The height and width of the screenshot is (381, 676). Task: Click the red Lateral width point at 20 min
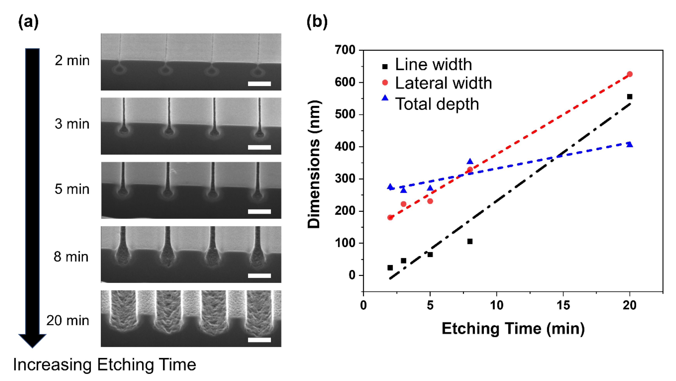click(x=629, y=74)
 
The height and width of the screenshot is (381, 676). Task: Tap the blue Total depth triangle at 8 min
click(x=470, y=162)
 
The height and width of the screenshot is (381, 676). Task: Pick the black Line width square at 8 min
click(x=470, y=241)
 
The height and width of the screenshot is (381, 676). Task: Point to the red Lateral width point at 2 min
click(x=390, y=217)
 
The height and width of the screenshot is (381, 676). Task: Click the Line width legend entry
click(x=433, y=65)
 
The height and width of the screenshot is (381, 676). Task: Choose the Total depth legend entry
click(x=437, y=104)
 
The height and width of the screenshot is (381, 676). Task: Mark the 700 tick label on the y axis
click(x=345, y=50)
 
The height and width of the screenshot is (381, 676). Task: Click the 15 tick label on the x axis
click(x=563, y=305)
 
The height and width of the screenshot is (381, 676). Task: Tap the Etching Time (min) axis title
click(x=513, y=328)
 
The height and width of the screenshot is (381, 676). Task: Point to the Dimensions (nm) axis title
click(x=314, y=164)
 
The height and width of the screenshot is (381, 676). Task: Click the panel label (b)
click(x=317, y=22)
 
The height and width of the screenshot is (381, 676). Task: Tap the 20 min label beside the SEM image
click(x=68, y=321)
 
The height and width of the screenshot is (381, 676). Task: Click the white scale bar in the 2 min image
click(x=259, y=84)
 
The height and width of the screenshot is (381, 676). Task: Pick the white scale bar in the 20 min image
click(x=259, y=340)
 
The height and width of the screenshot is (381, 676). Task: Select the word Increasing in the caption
click(x=52, y=365)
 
